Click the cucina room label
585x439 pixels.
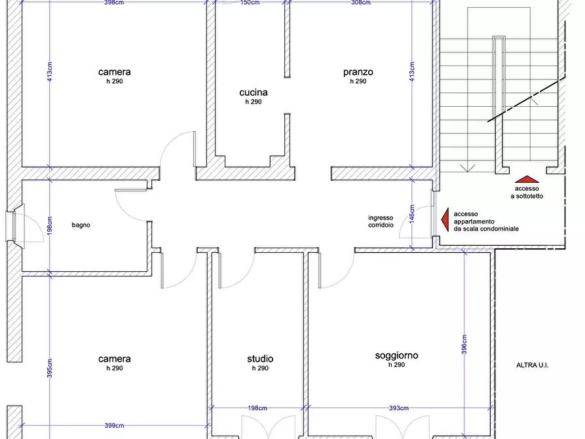pos(254,92)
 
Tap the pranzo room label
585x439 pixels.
pos(358,72)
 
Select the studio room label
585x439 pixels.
pos(260,359)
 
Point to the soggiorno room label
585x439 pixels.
pos(396,356)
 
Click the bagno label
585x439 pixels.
pos(81,225)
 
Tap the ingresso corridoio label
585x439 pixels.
pos(381,221)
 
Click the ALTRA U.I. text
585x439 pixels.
pos(533,365)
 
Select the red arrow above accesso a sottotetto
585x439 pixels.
pos(527,179)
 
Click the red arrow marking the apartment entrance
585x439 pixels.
pos(445,220)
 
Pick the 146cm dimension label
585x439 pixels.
pos(412,214)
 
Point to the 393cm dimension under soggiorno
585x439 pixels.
pos(398,408)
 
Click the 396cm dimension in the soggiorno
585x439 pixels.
pos(464,344)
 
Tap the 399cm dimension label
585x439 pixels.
pos(114,425)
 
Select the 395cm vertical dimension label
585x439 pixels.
pos(50,368)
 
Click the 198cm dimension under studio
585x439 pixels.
pos(257,408)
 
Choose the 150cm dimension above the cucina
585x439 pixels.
pos(250,3)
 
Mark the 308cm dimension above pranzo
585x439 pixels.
pos(361,3)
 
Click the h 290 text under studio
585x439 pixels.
pos(260,368)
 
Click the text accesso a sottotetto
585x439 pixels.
pos(527,192)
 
